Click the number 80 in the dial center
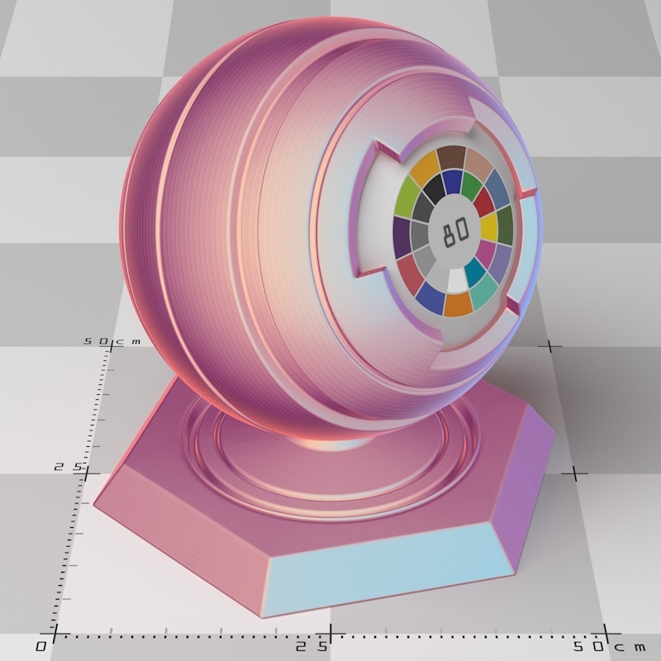pyautogui.click(x=455, y=231)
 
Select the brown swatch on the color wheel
pyautogui.click(x=451, y=157)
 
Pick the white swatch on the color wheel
pyautogui.click(x=457, y=280)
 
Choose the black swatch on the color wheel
pyautogui.click(x=435, y=188)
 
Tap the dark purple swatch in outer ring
pyautogui.click(x=402, y=237)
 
